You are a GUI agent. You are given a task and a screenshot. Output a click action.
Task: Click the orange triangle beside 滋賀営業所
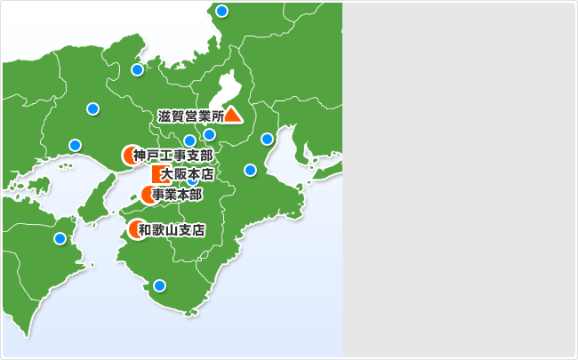[233, 115]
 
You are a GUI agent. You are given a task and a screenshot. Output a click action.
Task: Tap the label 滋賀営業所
[190, 116]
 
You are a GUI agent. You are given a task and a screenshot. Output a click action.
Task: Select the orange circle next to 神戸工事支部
[129, 156]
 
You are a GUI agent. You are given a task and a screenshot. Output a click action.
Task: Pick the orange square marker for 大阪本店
[158, 174]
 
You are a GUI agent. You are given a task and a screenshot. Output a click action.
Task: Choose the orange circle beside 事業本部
[149, 195]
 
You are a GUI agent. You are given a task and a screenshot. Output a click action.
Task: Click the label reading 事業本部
[177, 195]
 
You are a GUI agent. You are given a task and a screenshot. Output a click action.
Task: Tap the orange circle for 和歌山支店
[136, 229]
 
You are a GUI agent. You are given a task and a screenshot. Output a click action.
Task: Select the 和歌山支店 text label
[172, 230]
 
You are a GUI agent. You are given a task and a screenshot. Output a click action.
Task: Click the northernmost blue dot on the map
[221, 11]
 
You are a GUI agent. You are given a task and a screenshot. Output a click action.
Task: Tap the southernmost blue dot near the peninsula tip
[159, 285]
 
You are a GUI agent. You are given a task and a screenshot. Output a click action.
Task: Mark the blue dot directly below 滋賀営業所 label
[209, 135]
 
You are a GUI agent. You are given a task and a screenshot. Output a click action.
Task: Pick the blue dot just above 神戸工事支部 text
[189, 140]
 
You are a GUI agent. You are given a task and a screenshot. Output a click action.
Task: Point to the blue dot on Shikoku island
[60, 238]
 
